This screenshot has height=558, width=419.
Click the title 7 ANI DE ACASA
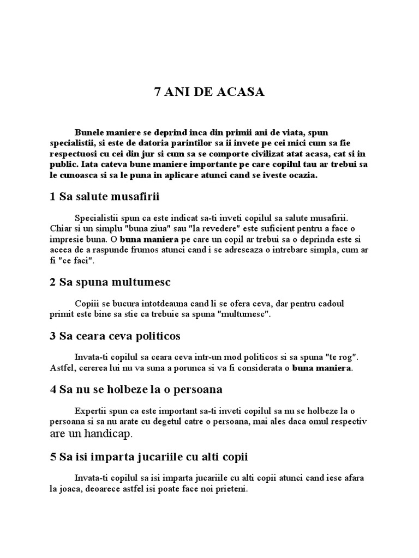tap(209, 92)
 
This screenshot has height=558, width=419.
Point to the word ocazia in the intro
tap(300, 175)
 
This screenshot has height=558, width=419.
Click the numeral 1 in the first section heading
tap(52, 197)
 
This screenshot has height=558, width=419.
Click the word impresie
tap(65, 240)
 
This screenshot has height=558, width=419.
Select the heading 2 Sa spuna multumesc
tap(110, 282)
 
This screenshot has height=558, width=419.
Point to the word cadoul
tap(329, 303)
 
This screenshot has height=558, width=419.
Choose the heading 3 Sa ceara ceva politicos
tap(115, 336)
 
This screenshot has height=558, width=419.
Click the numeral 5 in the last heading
tap(52, 457)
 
